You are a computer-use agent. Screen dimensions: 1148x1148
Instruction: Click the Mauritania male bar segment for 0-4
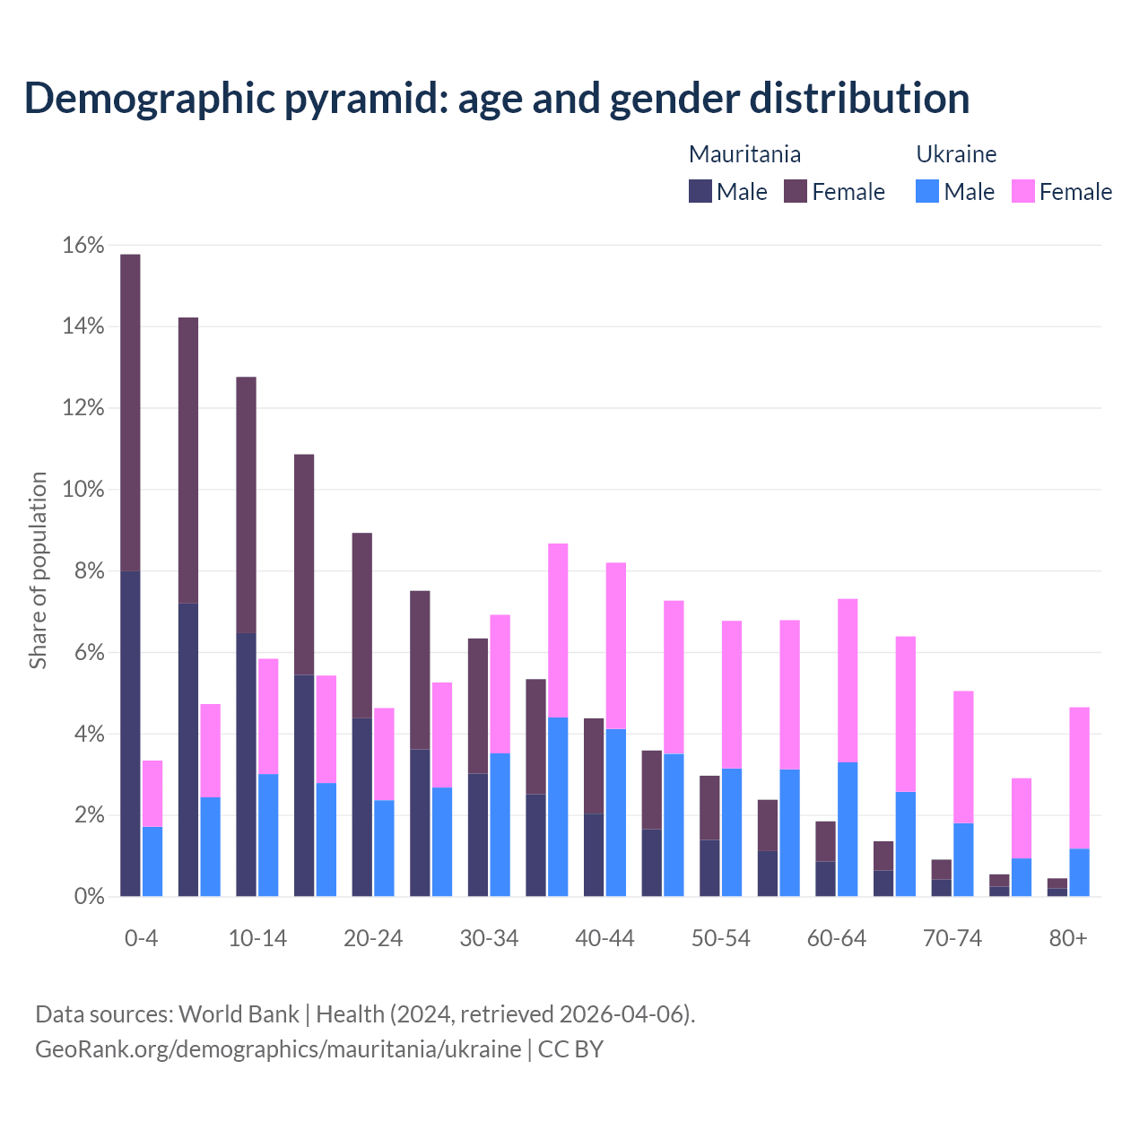click(x=130, y=734)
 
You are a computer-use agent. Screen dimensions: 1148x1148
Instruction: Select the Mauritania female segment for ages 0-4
click(x=130, y=413)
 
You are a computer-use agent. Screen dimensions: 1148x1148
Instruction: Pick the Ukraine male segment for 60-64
click(x=848, y=829)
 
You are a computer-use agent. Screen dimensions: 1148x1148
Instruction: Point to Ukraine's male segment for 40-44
click(x=616, y=813)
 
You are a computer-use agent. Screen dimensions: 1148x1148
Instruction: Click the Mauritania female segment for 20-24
click(x=361, y=625)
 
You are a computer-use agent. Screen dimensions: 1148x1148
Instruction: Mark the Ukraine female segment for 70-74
click(x=963, y=757)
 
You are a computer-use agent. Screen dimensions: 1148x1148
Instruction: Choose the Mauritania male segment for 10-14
click(x=246, y=764)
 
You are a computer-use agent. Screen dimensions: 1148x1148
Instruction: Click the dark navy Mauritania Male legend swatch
click(x=700, y=191)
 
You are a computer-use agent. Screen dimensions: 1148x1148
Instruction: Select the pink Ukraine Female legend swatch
click(x=1022, y=191)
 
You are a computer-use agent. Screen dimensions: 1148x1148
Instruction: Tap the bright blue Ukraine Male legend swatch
click(x=927, y=191)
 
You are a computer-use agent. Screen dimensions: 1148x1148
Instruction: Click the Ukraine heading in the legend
click(x=956, y=154)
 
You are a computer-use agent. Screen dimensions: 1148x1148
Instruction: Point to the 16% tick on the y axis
click(x=83, y=246)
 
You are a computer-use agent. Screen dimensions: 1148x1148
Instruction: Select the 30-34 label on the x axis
click(x=489, y=938)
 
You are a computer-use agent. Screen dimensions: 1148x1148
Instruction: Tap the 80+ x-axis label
click(x=1068, y=938)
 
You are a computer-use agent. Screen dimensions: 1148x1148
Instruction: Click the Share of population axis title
click(x=39, y=570)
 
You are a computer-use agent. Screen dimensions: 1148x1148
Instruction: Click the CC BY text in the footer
click(x=570, y=1048)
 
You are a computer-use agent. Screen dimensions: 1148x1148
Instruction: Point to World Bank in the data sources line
click(x=239, y=1014)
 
